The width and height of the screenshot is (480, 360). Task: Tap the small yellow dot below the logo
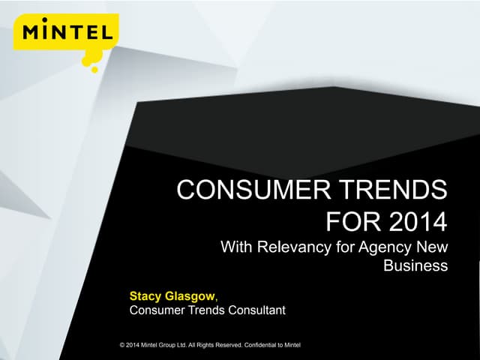[x=95, y=70]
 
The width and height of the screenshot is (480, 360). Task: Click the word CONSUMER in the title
[x=253, y=190]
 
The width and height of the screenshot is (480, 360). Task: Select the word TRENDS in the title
[x=394, y=190]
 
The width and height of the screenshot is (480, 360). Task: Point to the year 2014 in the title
[x=418, y=222]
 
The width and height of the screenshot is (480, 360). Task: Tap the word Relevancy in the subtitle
[x=294, y=247]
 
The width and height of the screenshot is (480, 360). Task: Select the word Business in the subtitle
[x=415, y=265]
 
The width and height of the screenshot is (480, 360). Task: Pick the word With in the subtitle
[x=236, y=247]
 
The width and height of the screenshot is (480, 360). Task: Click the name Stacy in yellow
[x=145, y=297]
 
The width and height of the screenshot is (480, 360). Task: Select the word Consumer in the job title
[x=157, y=310]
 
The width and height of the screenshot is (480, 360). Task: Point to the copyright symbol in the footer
[x=122, y=345]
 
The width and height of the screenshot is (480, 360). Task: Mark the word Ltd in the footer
[x=181, y=345]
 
